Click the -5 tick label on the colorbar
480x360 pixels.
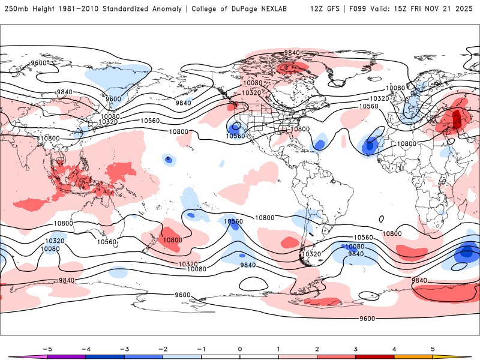47,349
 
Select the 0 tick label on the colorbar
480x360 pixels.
240,349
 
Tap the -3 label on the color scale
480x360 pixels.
124,349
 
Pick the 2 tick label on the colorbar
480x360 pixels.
317,349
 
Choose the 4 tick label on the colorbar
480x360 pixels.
394,349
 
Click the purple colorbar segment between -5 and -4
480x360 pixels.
67,357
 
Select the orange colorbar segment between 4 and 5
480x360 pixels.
413,357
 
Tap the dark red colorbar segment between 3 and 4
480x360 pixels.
375,357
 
